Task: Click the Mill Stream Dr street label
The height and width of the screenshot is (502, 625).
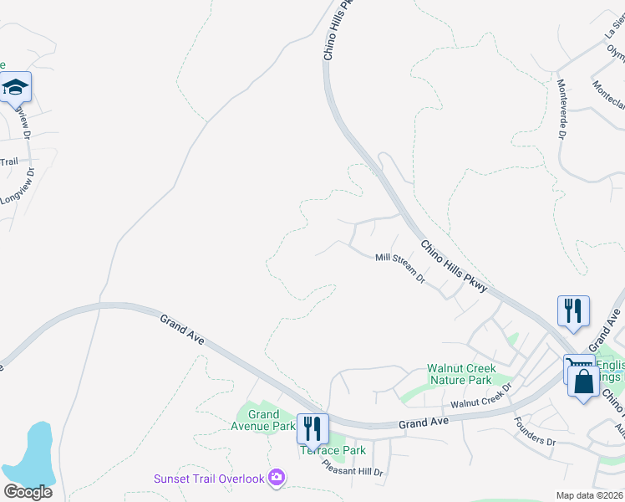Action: pos(400,269)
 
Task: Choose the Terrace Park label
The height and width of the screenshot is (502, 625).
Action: pos(333,450)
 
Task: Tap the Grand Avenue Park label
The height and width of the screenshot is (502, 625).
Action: pos(263,420)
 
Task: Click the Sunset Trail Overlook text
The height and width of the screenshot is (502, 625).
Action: pos(209,479)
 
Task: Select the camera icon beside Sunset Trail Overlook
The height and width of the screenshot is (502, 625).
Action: pos(277,479)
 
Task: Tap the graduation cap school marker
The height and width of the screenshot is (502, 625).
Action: pos(15,87)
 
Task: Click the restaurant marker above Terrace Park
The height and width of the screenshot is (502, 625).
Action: pos(312,428)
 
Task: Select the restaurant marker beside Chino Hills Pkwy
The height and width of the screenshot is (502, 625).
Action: pos(573,310)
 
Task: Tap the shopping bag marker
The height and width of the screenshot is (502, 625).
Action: pos(583,382)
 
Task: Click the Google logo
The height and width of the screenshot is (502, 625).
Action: pos(28,491)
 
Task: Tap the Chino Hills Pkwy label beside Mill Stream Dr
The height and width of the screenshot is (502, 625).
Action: pos(454,267)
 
